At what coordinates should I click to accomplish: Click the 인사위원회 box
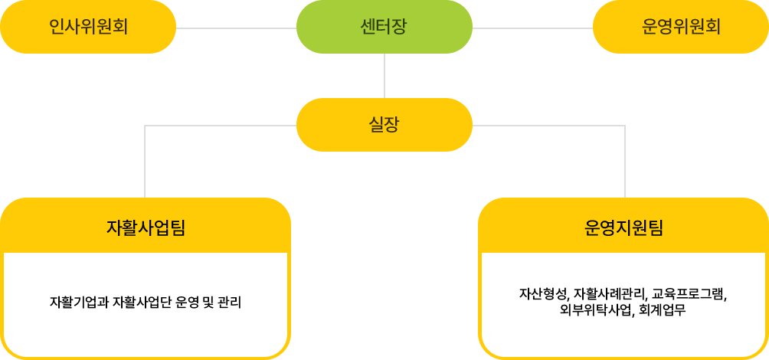pyautogui.click(x=88, y=27)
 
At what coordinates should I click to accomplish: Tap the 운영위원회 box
pyautogui.click(x=680, y=27)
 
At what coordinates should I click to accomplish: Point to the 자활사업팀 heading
pyautogui.click(x=146, y=227)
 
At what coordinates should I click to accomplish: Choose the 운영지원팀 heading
pyautogui.click(x=623, y=227)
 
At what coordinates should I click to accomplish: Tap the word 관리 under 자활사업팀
pyautogui.click(x=229, y=302)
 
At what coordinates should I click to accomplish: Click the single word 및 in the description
pyautogui.click(x=208, y=302)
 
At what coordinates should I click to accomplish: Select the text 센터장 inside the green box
pyautogui.click(x=384, y=27)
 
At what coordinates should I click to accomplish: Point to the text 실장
pyautogui.click(x=384, y=124)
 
